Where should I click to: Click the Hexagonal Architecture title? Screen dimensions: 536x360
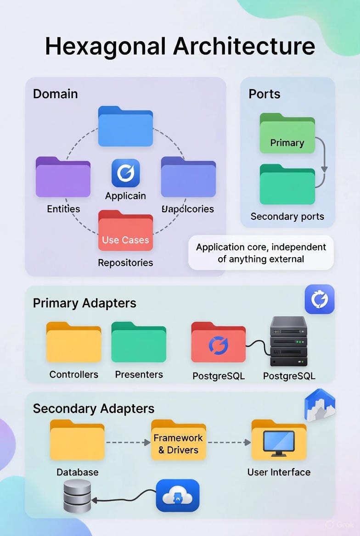click(180, 46)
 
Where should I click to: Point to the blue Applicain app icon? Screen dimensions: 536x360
click(125, 173)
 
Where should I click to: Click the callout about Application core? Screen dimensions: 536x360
click(261, 253)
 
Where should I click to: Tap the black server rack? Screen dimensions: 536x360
click(288, 341)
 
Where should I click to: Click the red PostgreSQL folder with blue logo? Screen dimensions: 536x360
click(218, 344)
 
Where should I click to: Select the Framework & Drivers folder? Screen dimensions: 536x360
click(178, 441)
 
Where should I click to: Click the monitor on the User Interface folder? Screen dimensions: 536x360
click(279, 442)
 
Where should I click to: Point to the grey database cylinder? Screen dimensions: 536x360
click(77, 496)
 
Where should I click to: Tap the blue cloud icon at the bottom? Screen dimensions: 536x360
click(177, 496)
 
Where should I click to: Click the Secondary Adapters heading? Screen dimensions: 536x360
click(94, 408)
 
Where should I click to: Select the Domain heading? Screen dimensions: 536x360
click(55, 94)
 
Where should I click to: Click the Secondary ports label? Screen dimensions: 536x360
click(287, 217)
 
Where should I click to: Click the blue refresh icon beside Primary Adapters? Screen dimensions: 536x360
click(320, 299)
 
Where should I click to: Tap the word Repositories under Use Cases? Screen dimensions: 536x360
click(125, 263)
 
